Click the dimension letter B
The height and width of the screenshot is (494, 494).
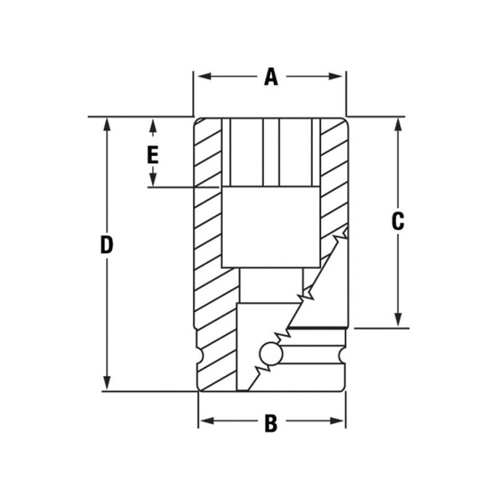[x=270, y=423]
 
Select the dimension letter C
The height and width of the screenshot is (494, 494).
[x=398, y=221]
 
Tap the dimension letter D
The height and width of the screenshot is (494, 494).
[x=107, y=245]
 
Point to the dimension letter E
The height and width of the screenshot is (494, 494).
[x=153, y=154]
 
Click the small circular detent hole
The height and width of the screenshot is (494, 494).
[x=269, y=353]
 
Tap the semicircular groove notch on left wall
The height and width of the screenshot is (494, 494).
[x=198, y=357]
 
